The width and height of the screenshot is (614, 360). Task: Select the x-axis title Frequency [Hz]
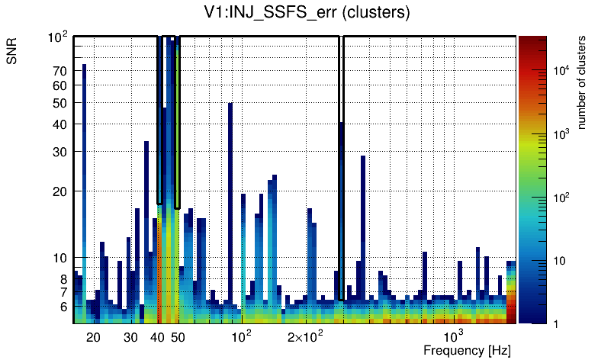[x=467, y=350]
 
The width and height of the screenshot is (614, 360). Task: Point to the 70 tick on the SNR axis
[x=60, y=71]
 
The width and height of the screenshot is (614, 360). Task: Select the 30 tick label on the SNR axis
[x=60, y=152]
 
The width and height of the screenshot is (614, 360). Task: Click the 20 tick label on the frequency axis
[x=93, y=337]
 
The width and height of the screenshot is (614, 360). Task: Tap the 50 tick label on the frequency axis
[x=178, y=337]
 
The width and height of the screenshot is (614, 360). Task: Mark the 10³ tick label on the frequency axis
[x=454, y=336]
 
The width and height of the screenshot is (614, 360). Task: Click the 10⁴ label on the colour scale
[x=560, y=70]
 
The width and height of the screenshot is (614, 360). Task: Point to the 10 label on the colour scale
[x=558, y=261]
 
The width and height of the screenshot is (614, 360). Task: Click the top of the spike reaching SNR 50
[x=230, y=104]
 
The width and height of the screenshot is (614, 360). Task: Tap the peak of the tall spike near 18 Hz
[x=84, y=66]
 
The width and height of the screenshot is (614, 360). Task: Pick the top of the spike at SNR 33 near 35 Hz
[x=146, y=143]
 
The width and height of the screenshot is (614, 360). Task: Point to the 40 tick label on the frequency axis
[x=158, y=337]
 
